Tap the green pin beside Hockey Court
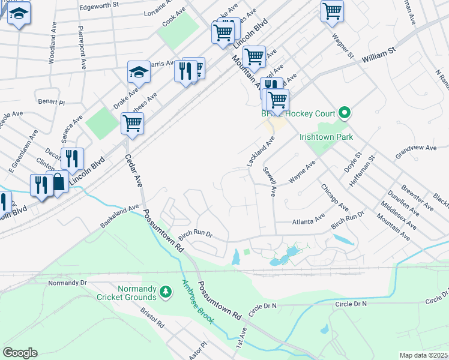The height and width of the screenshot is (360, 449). click(345, 113)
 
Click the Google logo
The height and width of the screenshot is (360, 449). click(20, 353)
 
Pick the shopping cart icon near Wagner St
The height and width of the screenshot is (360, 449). click(332, 11)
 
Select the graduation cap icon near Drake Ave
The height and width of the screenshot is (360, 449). click(139, 71)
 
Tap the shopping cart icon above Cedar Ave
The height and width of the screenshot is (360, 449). click(132, 123)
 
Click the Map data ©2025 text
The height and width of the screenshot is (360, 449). click(423, 355)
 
